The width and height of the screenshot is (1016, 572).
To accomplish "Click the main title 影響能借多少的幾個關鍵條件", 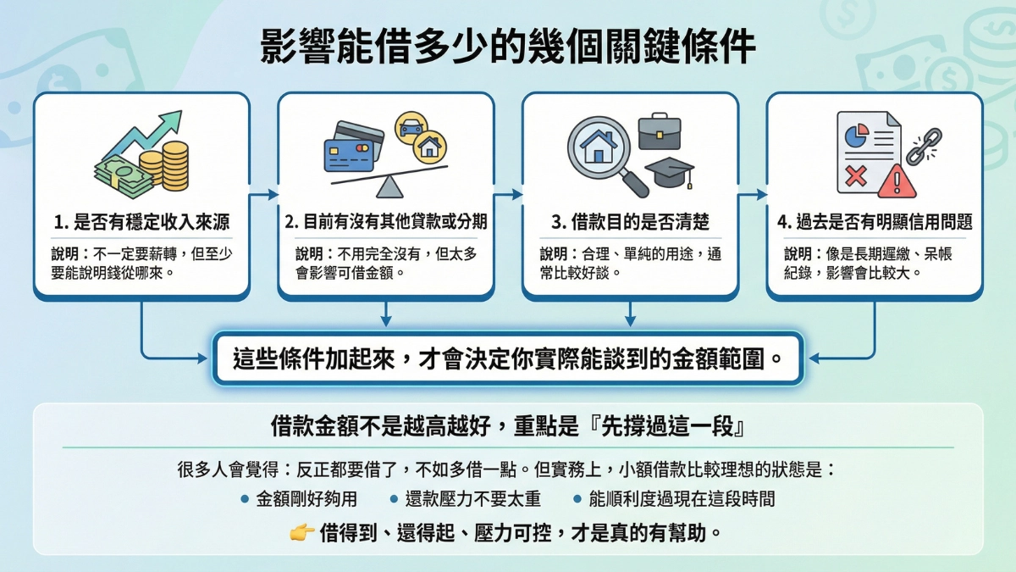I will pos(507,47).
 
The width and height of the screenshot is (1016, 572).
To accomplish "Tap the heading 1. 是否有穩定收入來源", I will pos(141,223).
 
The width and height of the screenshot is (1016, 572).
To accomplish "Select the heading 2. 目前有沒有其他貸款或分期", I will pos(385,223).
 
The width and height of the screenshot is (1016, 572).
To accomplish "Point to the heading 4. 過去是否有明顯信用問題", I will pos(874,223).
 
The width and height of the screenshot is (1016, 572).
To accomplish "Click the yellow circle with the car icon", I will pos(411,125).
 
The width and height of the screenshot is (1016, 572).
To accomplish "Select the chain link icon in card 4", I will pos(924,145).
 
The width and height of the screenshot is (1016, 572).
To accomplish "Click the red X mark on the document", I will pos(855,176).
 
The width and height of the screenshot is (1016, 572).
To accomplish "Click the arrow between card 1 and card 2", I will pos(264,195).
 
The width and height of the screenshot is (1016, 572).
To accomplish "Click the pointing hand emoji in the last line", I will pos(301,532).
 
